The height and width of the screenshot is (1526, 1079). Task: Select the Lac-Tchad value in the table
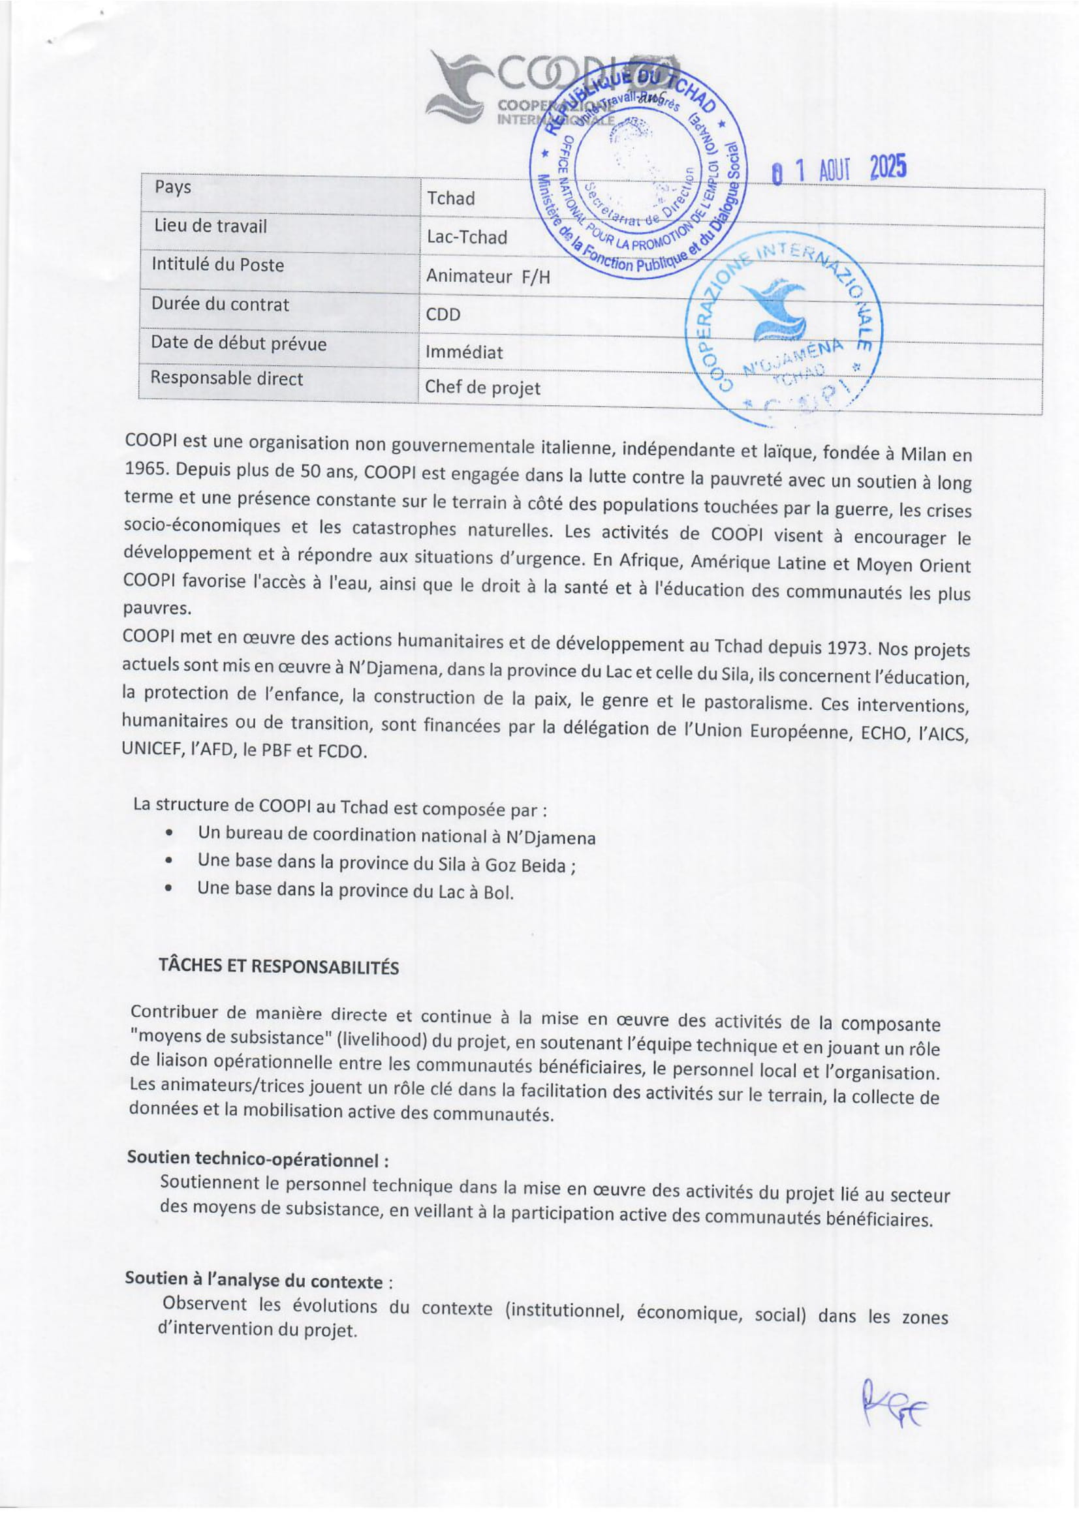point(467,237)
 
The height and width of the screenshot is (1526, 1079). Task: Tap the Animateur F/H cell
point(488,276)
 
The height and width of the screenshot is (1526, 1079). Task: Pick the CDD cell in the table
point(443,314)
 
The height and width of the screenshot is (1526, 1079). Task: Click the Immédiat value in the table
point(464,352)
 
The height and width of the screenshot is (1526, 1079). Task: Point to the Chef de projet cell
point(482,388)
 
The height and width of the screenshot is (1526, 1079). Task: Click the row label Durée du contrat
point(220,305)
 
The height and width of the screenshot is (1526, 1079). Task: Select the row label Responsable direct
point(226,378)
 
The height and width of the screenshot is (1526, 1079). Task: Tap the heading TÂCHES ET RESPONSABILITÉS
point(279,966)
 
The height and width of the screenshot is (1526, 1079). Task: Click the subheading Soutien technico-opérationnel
point(258,1160)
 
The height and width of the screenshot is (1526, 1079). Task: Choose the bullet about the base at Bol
point(355,891)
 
